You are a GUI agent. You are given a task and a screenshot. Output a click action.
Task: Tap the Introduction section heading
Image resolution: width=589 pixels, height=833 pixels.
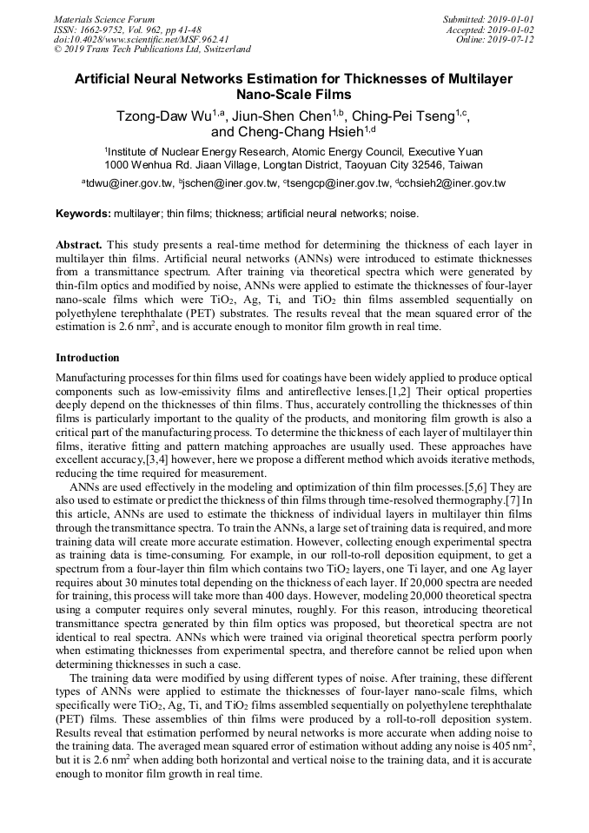pos(88,357)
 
